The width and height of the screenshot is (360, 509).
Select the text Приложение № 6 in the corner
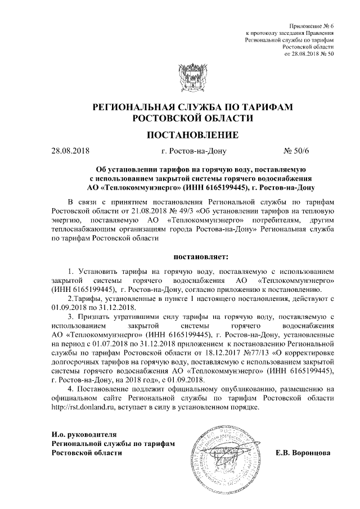tap(312, 27)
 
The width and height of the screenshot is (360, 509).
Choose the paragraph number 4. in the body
tap(71, 389)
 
